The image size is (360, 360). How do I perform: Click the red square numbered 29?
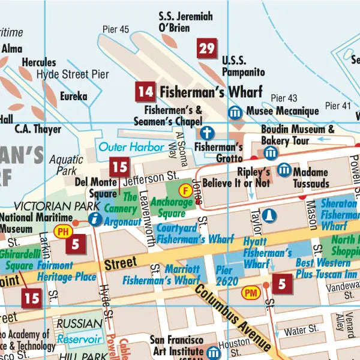(206, 49)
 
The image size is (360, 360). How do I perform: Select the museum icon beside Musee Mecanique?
(235, 112)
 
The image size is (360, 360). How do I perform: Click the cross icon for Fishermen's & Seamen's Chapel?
(206, 132)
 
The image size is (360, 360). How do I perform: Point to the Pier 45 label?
(116, 29)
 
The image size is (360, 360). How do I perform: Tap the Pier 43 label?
(284, 98)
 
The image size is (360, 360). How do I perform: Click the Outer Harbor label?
(131, 146)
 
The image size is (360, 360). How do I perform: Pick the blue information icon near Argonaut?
(94, 220)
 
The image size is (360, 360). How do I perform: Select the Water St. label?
(301, 331)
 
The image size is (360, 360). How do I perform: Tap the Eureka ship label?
(73, 97)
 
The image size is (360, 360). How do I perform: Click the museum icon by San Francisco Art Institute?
(214, 352)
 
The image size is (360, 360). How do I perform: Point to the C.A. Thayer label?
(38, 129)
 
